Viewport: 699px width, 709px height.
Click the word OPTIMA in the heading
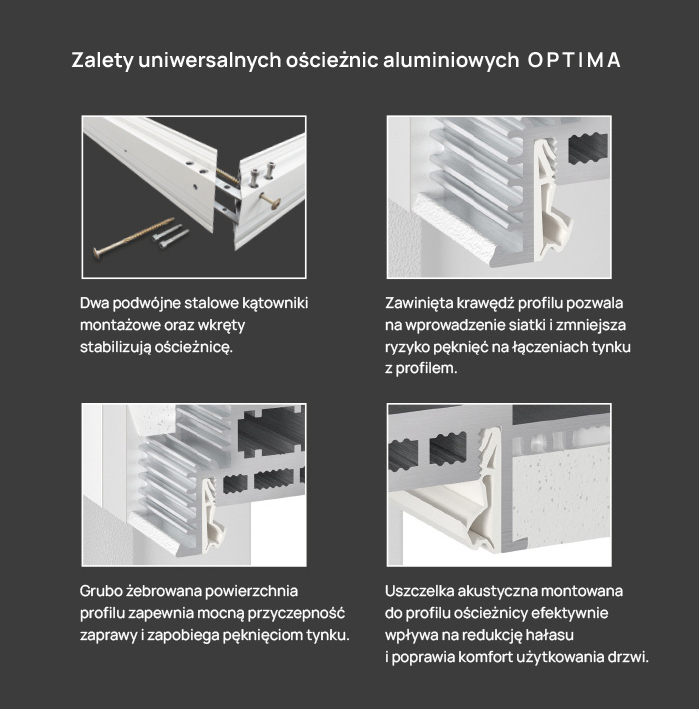pos(574,60)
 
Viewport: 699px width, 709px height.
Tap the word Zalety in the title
pos(102,61)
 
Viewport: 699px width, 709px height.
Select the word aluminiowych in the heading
pos(451,60)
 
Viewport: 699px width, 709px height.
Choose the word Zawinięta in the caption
pos(418,303)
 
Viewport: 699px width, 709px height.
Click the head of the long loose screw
pos(98,252)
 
